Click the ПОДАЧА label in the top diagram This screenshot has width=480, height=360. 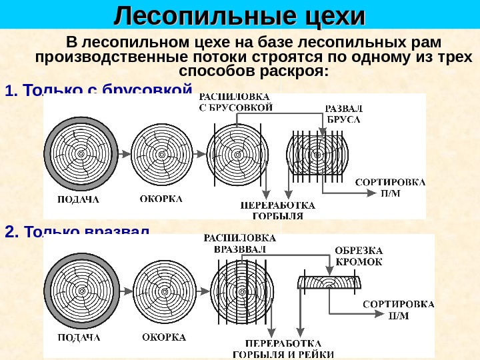[78, 199]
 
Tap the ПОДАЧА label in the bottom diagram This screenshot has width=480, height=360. [78, 339]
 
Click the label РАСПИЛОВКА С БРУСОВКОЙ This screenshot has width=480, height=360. [236, 102]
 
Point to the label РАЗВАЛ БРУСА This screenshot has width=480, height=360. [343, 115]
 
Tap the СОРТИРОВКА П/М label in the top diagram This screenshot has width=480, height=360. [390, 187]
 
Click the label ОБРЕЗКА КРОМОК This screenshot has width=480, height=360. [359, 256]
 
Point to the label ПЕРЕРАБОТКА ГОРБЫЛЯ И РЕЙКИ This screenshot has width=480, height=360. [283, 349]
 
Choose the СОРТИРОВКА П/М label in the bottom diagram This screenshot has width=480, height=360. [398, 309]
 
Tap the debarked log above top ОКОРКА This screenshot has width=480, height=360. [161, 154]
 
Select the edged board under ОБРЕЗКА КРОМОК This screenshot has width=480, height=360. [329, 283]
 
